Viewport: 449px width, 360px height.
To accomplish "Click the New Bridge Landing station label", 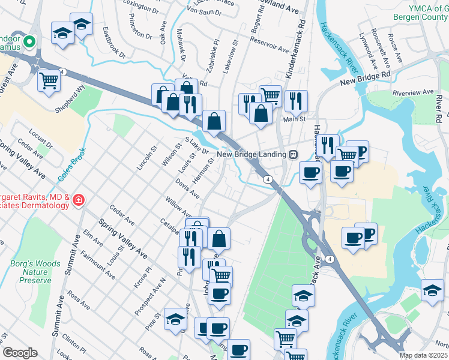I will coord(252,154).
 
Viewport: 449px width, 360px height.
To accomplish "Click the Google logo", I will coord(20,353).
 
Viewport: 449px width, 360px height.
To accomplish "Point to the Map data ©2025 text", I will coord(423,355).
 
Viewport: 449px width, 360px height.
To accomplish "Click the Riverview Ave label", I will coord(412,93).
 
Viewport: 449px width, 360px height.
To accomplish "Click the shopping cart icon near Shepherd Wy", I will coord(49,80).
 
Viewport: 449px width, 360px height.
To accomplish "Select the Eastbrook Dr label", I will coord(113,43).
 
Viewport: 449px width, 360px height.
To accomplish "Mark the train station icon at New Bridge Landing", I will coord(294,154).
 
